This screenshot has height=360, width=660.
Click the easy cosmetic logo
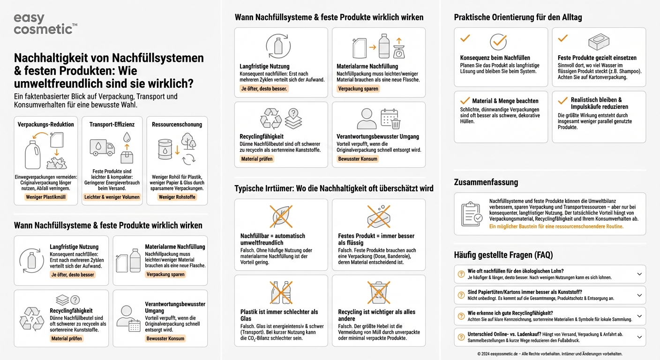click(x=45, y=24)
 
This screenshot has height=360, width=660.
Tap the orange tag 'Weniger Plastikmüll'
click(x=45, y=197)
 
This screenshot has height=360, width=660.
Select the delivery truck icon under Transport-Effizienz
click(x=102, y=148)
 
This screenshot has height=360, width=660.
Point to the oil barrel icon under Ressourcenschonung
click(x=165, y=150)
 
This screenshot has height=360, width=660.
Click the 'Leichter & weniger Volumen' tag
click(x=112, y=197)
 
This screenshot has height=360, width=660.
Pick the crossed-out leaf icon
click(x=281, y=217)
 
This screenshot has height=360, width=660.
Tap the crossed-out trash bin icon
click(x=379, y=292)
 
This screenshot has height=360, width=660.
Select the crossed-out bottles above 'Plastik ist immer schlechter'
click(x=281, y=292)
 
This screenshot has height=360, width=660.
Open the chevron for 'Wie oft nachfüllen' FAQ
click(x=639, y=274)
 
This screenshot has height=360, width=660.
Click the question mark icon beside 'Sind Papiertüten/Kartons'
click(x=461, y=295)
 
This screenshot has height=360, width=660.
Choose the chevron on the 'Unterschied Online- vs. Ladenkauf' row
click(x=639, y=337)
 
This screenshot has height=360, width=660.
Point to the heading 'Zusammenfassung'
click(x=486, y=182)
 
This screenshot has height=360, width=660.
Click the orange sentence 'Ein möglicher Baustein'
click(x=556, y=226)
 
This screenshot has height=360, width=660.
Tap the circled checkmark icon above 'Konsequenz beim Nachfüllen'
click(x=498, y=42)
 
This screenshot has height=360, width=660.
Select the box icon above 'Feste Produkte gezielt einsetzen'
click(x=599, y=42)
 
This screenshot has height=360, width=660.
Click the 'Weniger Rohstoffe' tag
click(x=177, y=197)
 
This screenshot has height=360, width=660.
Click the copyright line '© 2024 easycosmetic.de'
click(x=550, y=354)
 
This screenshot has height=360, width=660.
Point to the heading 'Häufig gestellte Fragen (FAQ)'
click(x=503, y=255)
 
